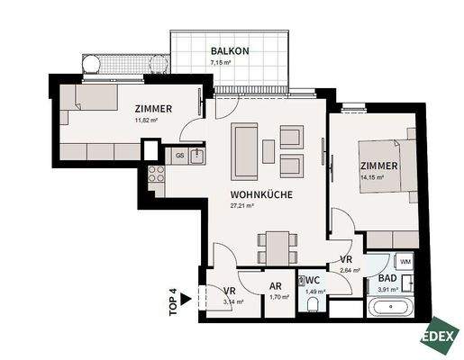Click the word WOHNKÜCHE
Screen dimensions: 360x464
click(x=259, y=193)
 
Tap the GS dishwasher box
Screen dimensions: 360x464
click(x=180, y=156)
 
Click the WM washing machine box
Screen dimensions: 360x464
click(x=405, y=261)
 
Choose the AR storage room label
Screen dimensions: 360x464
click(x=276, y=289)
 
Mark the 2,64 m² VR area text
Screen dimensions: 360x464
click(x=350, y=268)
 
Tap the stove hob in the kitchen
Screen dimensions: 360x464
click(x=153, y=175)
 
